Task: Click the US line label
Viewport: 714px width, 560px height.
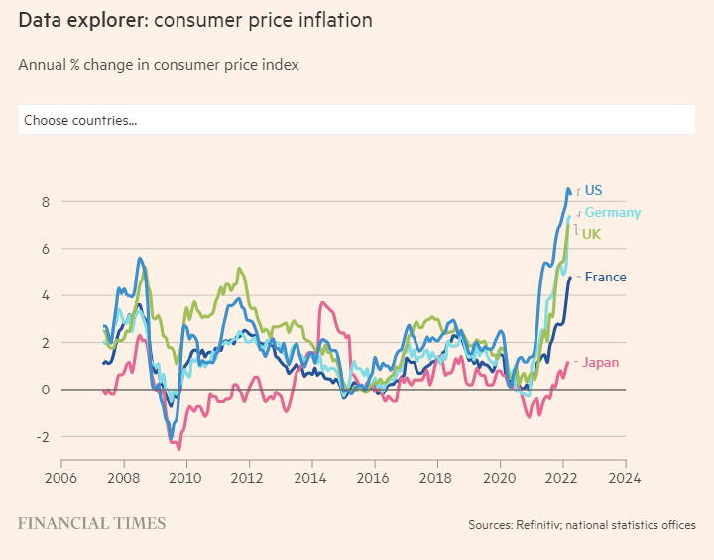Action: coord(593,190)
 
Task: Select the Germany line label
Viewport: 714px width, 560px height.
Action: coord(612,212)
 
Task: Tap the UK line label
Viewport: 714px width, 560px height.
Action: coord(591,234)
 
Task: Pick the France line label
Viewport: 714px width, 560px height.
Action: coord(605,277)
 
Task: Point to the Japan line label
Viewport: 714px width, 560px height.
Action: coord(600,362)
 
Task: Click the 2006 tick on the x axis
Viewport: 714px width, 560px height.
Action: coord(61,474)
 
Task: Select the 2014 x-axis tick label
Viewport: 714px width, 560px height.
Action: coord(311,474)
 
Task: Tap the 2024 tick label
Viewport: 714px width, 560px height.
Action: coord(625,474)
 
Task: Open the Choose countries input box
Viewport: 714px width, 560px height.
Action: coord(356,120)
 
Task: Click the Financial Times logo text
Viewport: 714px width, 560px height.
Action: coord(91,523)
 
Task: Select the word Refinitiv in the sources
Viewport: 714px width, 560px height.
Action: coord(540,525)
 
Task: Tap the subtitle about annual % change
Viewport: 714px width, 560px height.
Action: coord(159,65)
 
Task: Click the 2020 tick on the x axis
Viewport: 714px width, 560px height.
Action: coord(500,474)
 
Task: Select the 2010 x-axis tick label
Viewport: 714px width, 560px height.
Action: coord(185,474)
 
